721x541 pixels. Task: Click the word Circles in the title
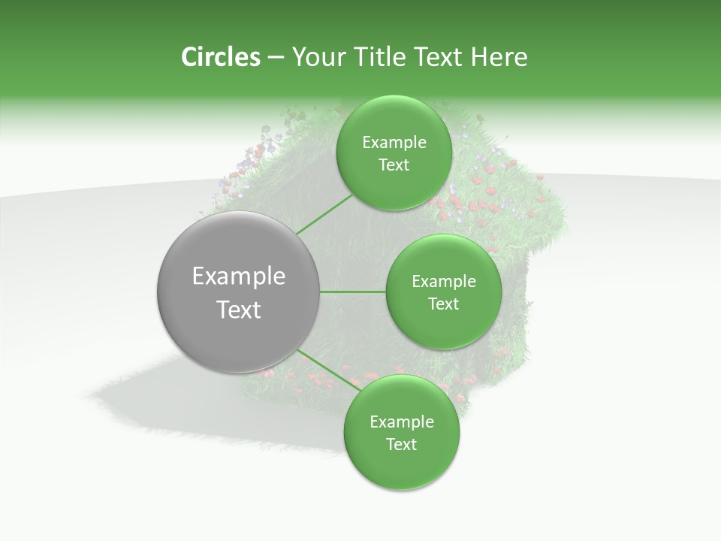(220, 57)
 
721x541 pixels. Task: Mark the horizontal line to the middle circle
(353, 292)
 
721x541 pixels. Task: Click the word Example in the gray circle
(238, 277)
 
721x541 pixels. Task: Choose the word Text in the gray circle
(238, 310)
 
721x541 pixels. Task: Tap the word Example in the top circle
(394, 143)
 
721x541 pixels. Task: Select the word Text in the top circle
(394, 165)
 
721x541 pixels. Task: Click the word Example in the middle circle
(443, 282)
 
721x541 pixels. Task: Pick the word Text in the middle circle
(443, 304)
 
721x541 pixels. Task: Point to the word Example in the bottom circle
(401, 422)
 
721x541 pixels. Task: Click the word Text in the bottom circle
(401, 444)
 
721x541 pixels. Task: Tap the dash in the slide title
(275, 58)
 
